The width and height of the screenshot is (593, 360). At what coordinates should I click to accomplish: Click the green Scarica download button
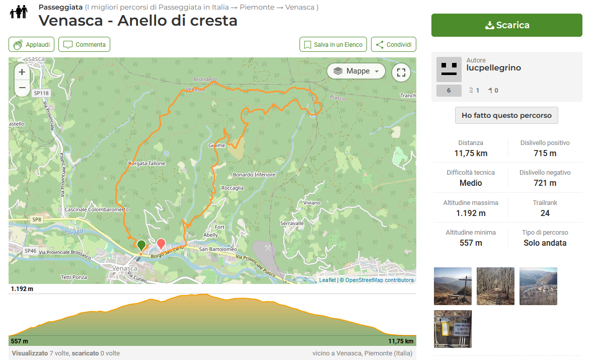point(506,25)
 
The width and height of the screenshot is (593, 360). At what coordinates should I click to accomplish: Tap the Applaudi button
point(31,45)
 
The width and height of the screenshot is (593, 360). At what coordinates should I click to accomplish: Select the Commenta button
point(84,45)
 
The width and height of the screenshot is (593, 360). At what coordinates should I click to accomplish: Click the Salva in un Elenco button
point(333,45)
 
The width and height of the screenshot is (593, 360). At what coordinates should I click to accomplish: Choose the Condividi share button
point(394,45)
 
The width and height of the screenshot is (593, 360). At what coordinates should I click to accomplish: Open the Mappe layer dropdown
point(356,71)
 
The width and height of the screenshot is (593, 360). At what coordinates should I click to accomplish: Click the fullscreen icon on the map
point(401,71)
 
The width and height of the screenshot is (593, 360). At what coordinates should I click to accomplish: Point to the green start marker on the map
point(141,245)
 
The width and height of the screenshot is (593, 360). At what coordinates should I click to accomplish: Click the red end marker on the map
point(161,244)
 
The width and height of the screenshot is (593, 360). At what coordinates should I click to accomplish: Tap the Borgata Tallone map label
point(146,164)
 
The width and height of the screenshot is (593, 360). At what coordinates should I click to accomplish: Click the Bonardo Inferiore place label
point(254,175)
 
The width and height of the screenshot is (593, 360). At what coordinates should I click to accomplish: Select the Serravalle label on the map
point(292,223)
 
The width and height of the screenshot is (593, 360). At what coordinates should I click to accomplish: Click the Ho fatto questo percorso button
point(506,115)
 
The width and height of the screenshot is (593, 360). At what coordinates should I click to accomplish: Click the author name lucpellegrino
point(493,68)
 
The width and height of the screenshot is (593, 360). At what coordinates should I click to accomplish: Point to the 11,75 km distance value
point(471,154)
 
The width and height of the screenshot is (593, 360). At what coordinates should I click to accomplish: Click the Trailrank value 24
point(545,213)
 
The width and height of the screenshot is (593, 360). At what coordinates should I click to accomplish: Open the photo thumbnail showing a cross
point(453,286)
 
